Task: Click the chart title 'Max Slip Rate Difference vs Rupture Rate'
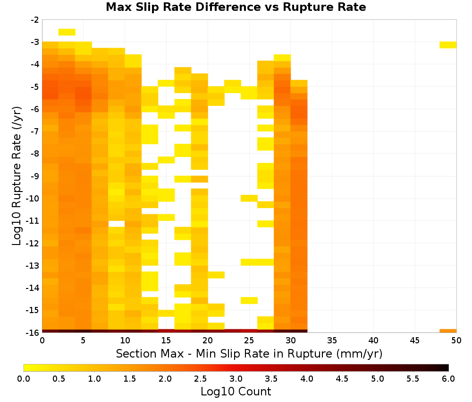click(x=236, y=7)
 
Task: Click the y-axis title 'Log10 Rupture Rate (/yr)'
click(x=17, y=176)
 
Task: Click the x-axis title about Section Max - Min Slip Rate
click(x=249, y=353)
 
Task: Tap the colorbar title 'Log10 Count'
click(x=236, y=392)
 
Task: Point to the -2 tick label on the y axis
click(x=35, y=20)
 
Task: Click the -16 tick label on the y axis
click(x=33, y=332)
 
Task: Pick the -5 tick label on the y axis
click(x=35, y=87)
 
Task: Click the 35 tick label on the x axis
click(x=332, y=341)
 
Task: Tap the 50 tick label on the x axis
click(x=456, y=341)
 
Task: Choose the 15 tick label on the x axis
click(x=166, y=341)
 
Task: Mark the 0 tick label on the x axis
click(x=42, y=341)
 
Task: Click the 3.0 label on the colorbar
click(x=236, y=379)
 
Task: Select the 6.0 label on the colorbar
click(x=448, y=379)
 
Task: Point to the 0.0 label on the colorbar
click(x=24, y=379)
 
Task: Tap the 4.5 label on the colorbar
click(x=342, y=379)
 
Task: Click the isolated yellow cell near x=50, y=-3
click(x=448, y=45)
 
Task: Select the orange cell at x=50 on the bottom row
click(x=448, y=331)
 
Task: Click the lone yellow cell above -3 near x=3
click(x=67, y=32)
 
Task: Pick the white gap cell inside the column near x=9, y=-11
click(x=117, y=224)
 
